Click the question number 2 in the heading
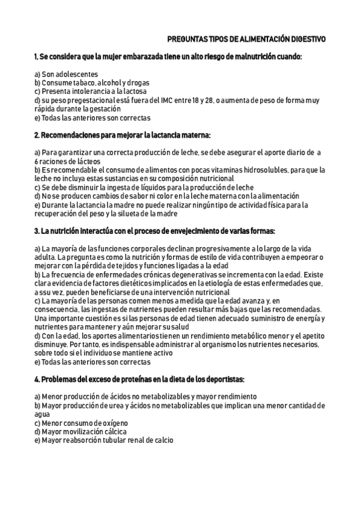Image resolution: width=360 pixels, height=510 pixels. [37, 135]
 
